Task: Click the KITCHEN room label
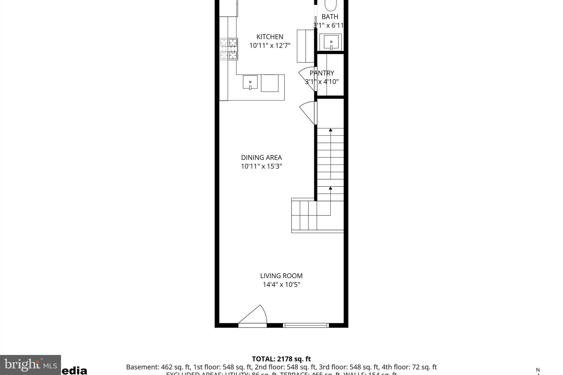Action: (x=270, y=37)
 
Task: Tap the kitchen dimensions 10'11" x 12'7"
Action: (x=270, y=46)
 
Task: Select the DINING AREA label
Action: (x=261, y=158)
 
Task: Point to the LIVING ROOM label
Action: (x=281, y=276)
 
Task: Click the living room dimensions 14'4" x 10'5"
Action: (x=281, y=285)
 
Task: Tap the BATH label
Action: (x=330, y=17)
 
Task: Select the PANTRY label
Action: (x=322, y=73)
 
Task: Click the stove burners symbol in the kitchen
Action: (x=228, y=49)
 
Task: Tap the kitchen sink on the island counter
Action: (x=250, y=82)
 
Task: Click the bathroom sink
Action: (x=331, y=42)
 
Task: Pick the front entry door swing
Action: (x=254, y=315)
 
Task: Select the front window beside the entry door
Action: (x=306, y=325)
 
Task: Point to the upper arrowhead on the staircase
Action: (x=330, y=130)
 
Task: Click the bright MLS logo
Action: (x=30, y=365)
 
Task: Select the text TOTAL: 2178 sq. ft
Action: (x=281, y=359)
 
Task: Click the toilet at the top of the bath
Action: (x=330, y=5)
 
